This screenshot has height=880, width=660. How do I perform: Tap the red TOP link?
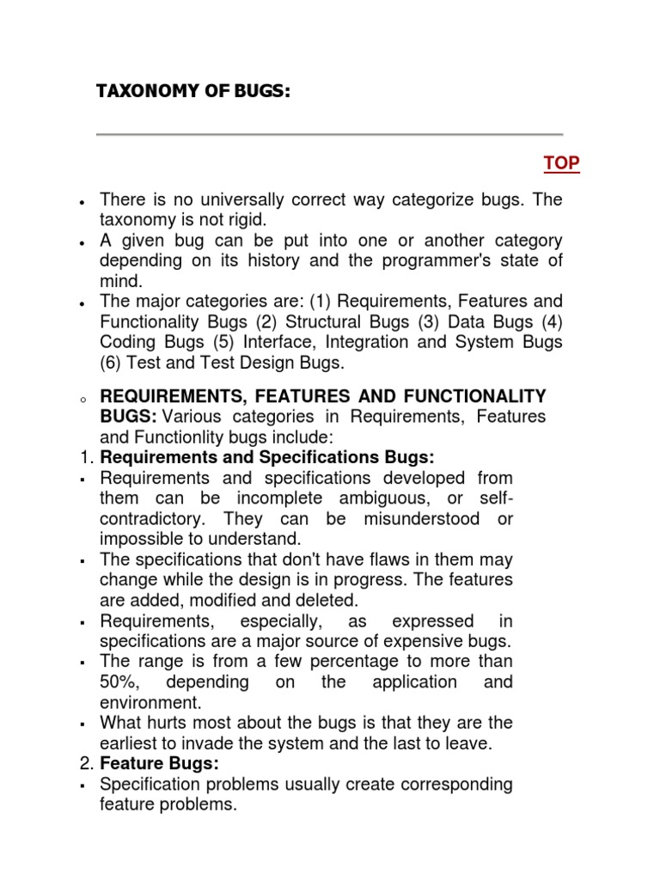561,162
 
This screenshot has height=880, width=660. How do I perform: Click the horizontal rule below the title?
329,134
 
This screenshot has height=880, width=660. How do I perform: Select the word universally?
225,200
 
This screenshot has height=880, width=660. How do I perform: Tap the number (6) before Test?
113,363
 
